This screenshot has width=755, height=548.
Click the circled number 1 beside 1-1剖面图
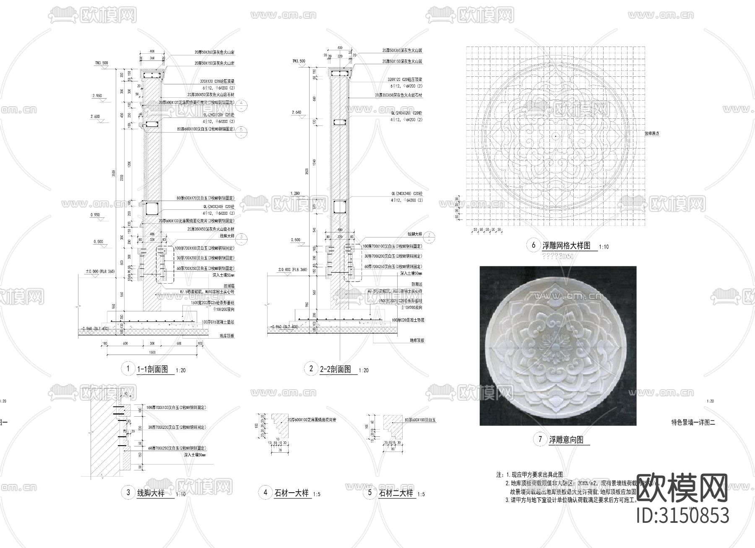point(128,369)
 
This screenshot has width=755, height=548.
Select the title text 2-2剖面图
point(335,369)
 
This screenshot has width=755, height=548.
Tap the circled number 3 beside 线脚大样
point(128,492)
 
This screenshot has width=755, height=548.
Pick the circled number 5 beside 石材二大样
point(370,492)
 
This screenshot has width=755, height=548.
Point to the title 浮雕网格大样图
point(566,245)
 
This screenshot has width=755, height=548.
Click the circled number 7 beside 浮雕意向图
point(539,439)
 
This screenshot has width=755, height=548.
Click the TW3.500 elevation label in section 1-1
point(101,63)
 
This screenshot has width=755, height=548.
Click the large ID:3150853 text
point(683,515)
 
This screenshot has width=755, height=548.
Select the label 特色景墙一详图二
point(693,423)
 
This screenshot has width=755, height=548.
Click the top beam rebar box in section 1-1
point(152,76)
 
